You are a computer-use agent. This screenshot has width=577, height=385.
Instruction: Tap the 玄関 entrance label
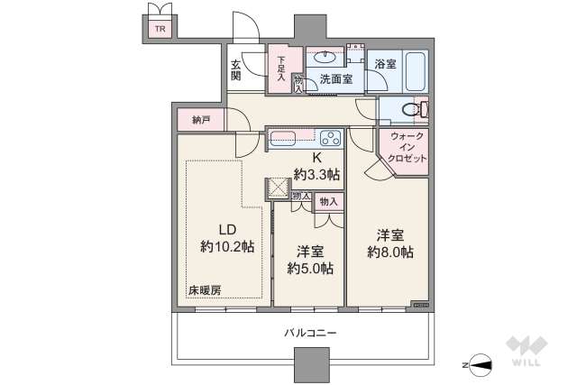235,70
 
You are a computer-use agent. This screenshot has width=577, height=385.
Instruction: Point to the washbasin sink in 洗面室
325,57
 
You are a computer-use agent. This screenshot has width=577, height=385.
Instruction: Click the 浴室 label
385,64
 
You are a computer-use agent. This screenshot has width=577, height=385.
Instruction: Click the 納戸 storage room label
201,119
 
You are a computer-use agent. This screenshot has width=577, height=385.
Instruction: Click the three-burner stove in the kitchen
328,138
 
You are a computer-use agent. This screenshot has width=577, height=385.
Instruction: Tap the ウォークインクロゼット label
403,146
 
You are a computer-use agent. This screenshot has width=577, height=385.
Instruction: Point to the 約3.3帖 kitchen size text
317,174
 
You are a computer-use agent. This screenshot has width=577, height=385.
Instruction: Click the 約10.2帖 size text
225,244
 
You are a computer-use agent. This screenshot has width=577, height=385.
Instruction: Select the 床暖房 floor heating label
204,290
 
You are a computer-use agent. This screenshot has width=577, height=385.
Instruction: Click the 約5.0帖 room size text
311,268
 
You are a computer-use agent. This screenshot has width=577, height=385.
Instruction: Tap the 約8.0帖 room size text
390,252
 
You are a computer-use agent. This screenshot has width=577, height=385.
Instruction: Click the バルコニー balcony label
309,333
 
